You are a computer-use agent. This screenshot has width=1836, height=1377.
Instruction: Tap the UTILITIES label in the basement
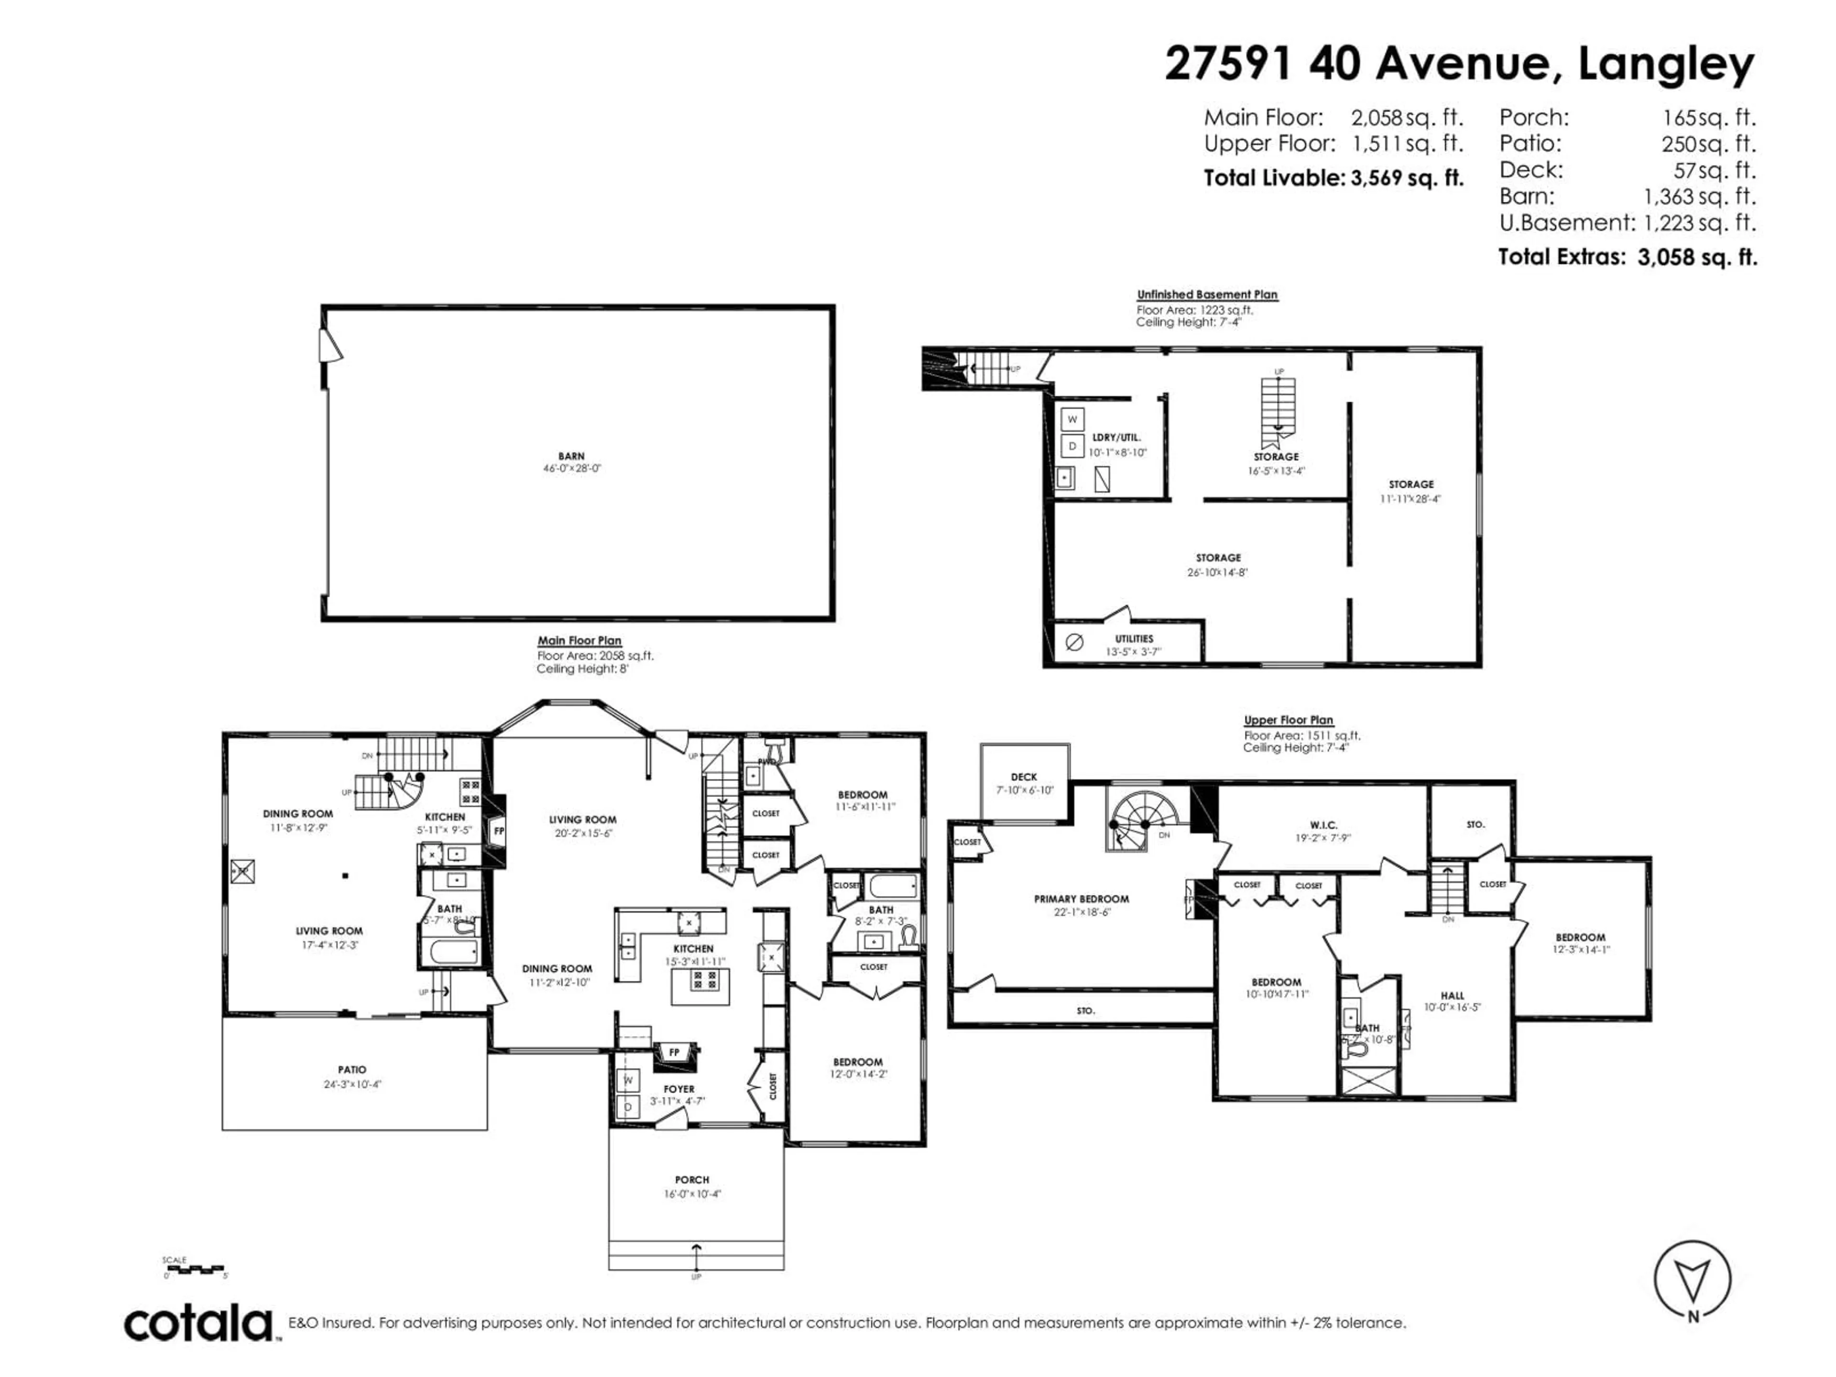pyautogui.click(x=1134, y=638)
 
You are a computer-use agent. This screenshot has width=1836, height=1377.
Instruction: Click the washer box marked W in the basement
pyautogui.click(x=1071, y=419)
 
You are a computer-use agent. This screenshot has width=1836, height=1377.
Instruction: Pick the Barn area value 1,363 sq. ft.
pyautogui.click(x=1700, y=197)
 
